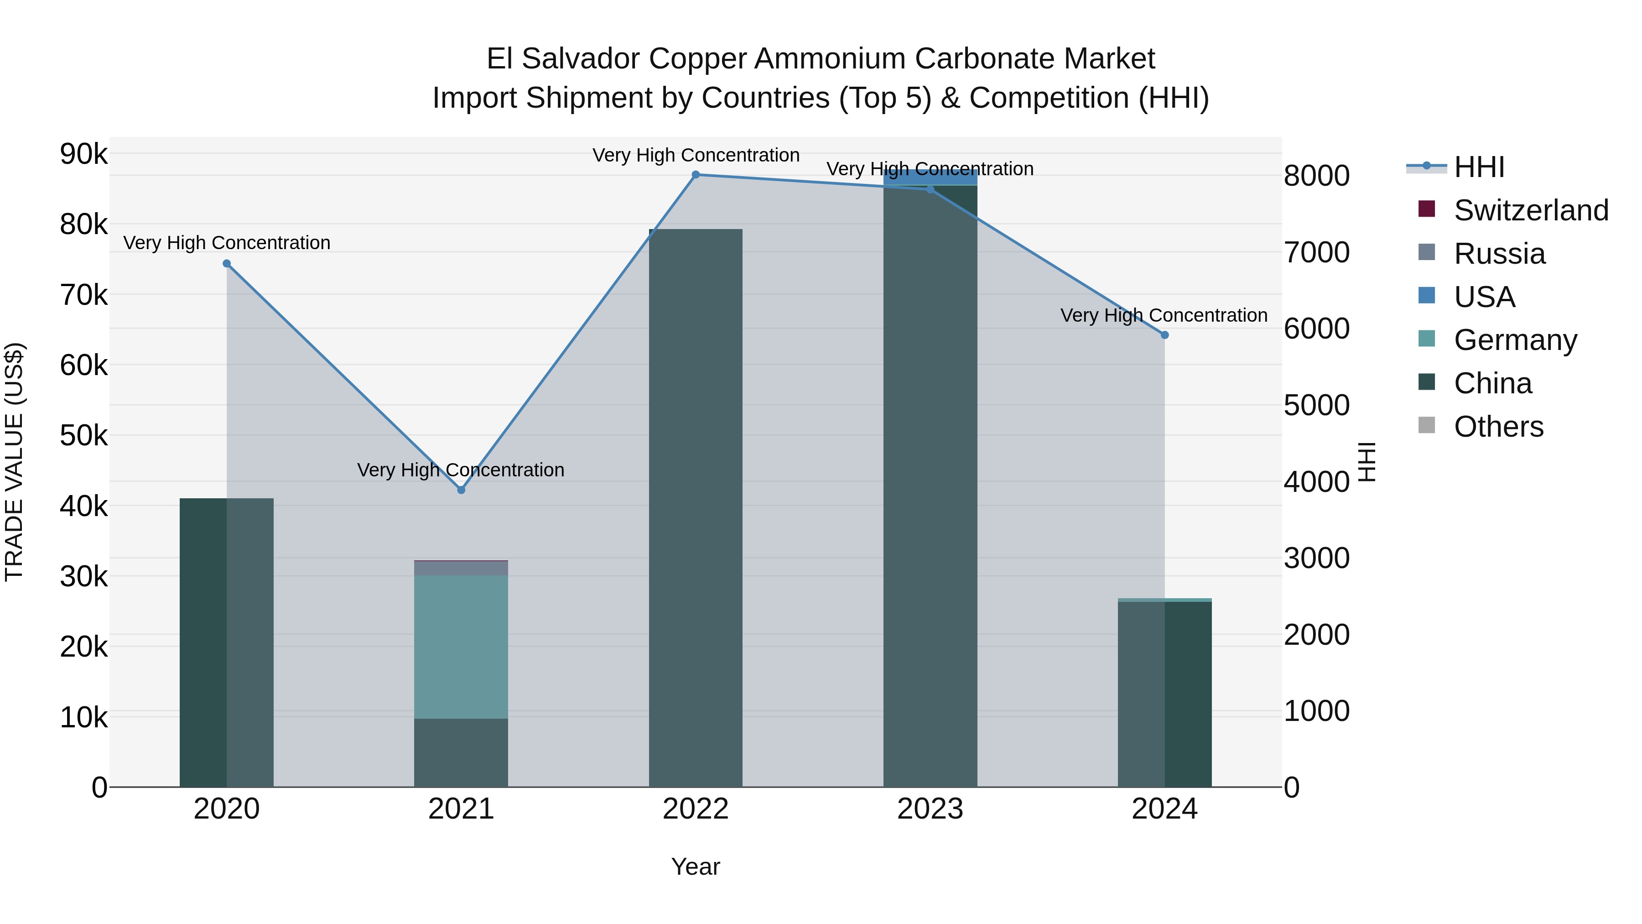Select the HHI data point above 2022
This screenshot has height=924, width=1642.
click(696, 175)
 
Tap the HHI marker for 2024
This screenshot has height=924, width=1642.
click(1164, 335)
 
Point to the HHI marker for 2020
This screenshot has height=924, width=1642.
click(227, 263)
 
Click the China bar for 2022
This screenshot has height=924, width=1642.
click(696, 510)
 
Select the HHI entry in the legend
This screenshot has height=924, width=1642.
click(1479, 167)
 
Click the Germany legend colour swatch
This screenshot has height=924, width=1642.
click(1427, 339)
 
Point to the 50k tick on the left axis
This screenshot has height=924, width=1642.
click(84, 436)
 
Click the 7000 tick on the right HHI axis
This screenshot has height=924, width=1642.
click(1316, 252)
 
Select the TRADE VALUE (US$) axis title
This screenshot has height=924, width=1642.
click(14, 462)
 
